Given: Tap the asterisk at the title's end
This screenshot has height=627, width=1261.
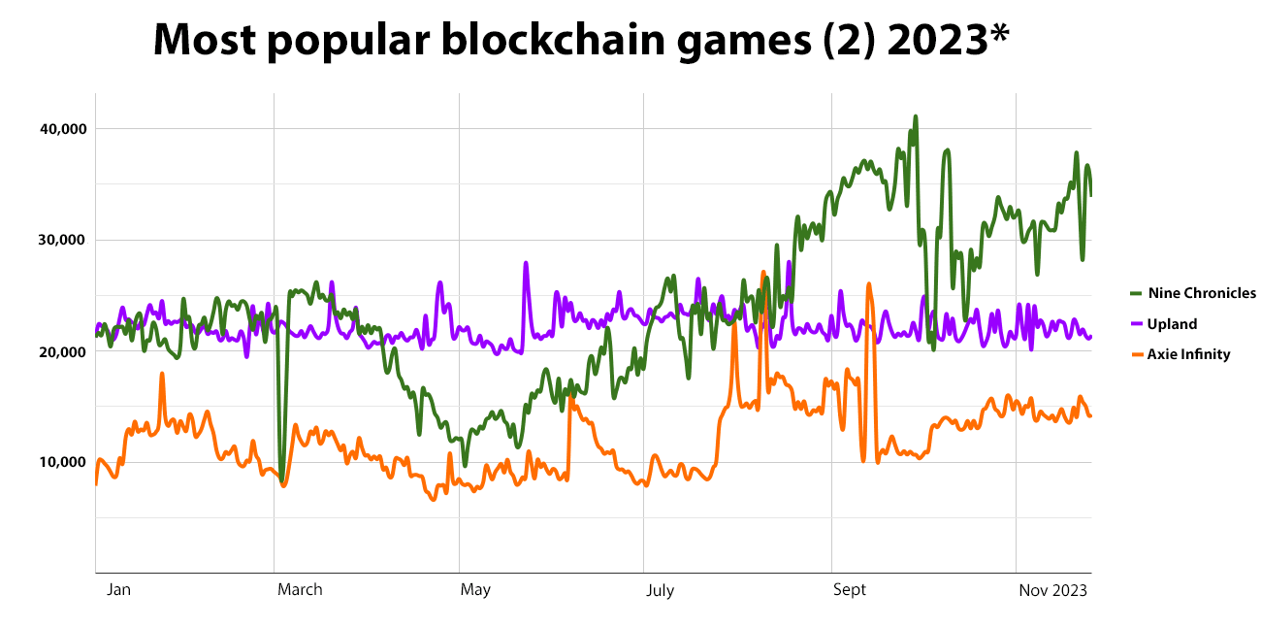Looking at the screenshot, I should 998,34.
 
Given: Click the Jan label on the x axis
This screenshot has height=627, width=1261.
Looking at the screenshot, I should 118,589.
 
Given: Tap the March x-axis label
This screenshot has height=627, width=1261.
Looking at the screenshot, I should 300,589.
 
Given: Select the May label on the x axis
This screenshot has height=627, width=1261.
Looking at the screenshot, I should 475,589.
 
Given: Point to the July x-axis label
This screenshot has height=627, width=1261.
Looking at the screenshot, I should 660,589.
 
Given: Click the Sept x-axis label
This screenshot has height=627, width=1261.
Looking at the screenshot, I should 850,589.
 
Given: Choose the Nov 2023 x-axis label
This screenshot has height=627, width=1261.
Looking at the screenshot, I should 1052,589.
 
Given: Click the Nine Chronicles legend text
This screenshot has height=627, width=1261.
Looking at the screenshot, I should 1202,293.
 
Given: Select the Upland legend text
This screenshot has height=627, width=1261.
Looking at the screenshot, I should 1172,324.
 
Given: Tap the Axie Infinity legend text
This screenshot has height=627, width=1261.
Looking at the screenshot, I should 1188,354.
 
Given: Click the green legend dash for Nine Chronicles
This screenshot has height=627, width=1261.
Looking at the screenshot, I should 1136,293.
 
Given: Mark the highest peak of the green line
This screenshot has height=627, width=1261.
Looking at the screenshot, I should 915,116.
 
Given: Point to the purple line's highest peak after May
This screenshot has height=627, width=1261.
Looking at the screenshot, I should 526,262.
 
